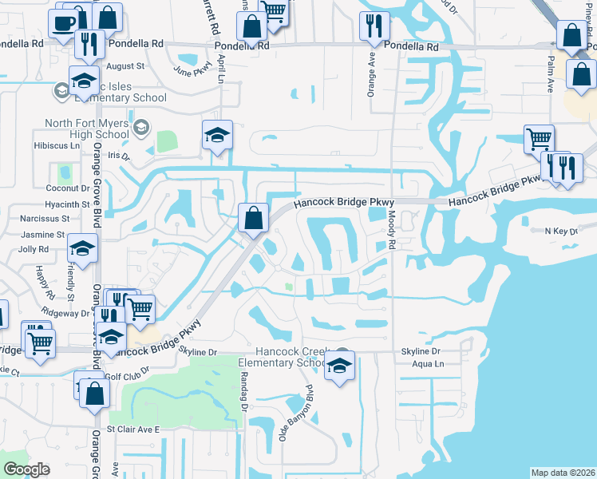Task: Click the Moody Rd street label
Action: (x=393, y=227)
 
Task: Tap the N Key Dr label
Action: (x=560, y=232)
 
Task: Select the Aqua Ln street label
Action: (x=429, y=364)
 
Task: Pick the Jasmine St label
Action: (x=42, y=235)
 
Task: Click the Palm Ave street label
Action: (x=551, y=75)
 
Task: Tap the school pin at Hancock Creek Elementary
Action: (x=340, y=366)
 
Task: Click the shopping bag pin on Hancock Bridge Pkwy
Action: (x=253, y=217)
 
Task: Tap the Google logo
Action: (x=27, y=469)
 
